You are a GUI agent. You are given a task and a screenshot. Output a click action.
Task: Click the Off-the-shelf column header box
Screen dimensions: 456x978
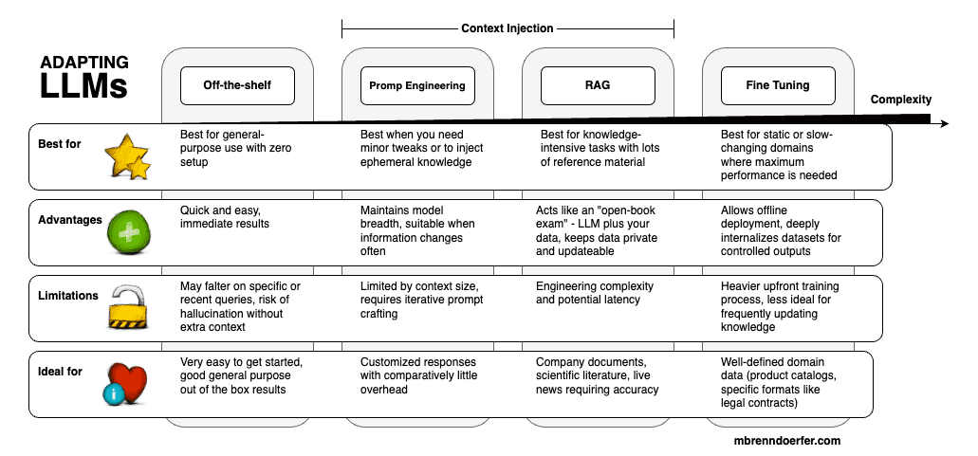237,85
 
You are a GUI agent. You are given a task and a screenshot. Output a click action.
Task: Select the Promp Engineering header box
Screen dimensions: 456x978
417,85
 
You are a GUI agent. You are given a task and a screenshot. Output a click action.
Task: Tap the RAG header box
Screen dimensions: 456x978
598,85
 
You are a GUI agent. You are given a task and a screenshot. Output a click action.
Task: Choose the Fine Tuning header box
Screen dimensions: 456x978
778,85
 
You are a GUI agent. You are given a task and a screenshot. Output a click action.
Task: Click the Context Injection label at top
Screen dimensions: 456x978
507,28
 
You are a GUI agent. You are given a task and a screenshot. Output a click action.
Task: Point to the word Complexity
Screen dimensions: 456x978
900,100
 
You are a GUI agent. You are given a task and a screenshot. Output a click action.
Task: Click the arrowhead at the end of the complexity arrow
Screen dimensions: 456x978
941,123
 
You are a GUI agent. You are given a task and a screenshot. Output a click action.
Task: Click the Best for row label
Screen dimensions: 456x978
61,144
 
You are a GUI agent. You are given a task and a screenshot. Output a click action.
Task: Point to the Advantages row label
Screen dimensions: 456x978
70,220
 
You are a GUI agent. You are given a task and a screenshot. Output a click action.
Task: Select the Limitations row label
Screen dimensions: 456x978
69,296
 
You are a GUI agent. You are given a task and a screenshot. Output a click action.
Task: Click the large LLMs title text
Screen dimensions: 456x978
83,87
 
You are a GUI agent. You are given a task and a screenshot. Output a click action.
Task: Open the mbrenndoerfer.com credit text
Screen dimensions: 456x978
787,441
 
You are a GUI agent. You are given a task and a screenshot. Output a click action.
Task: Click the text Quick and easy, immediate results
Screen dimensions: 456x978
224,217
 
